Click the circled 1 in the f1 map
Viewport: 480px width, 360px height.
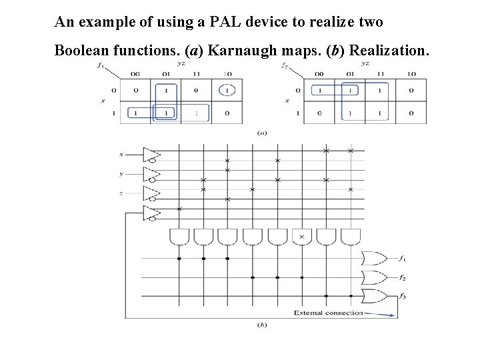pyautogui.click(x=227, y=90)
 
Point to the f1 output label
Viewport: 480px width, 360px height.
pyautogui.click(x=403, y=258)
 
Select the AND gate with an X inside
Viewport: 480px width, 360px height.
pyautogui.click(x=302, y=237)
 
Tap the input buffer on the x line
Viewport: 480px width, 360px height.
pyautogui.click(x=152, y=155)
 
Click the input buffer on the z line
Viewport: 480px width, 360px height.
pyautogui.click(x=152, y=193)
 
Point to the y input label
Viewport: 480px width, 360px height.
pyautogui.click(x=121, y=174)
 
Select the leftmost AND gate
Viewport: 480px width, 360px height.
pyautogui.click(x=179, y=237)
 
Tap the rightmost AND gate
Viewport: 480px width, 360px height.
pyautogui.click(x=351, y=237)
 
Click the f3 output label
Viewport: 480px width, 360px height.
pyautogui.click(x=403, y=295)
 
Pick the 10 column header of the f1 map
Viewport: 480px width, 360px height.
pyautogui.click(x=227, y=74)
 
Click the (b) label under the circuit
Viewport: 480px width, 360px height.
pyautogui.click(x=262, y=325)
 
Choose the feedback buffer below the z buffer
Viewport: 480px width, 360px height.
pyautogui.click(x=152, y=213)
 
